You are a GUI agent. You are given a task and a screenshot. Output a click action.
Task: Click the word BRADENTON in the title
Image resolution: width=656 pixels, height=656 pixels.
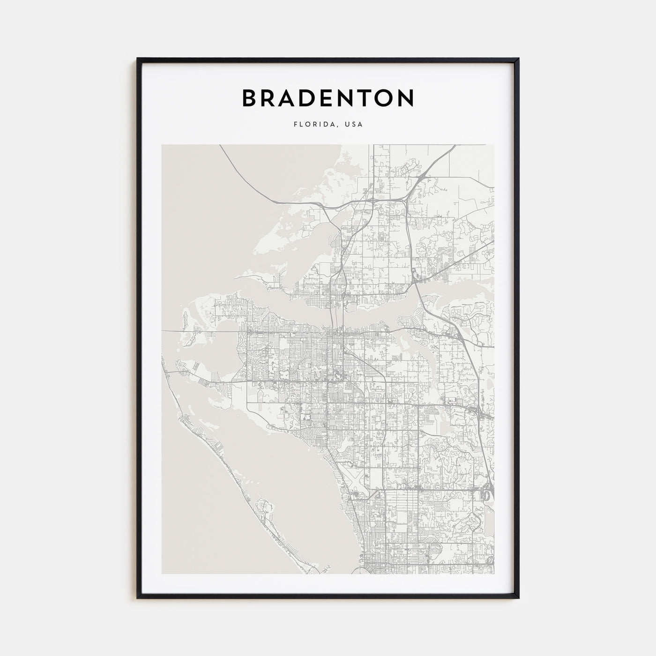[x=328, y=98]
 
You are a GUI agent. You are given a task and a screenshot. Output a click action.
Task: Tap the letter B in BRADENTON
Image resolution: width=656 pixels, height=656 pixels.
[x=250, y=98]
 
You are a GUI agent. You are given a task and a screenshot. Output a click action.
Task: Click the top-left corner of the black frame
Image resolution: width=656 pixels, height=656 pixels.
[x=138, y=59]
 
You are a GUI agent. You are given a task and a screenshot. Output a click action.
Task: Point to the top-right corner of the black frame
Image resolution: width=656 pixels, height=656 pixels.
[x=518, y=59]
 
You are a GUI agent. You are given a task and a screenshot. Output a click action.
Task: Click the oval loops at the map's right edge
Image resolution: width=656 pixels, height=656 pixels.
[x=487, y=494]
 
